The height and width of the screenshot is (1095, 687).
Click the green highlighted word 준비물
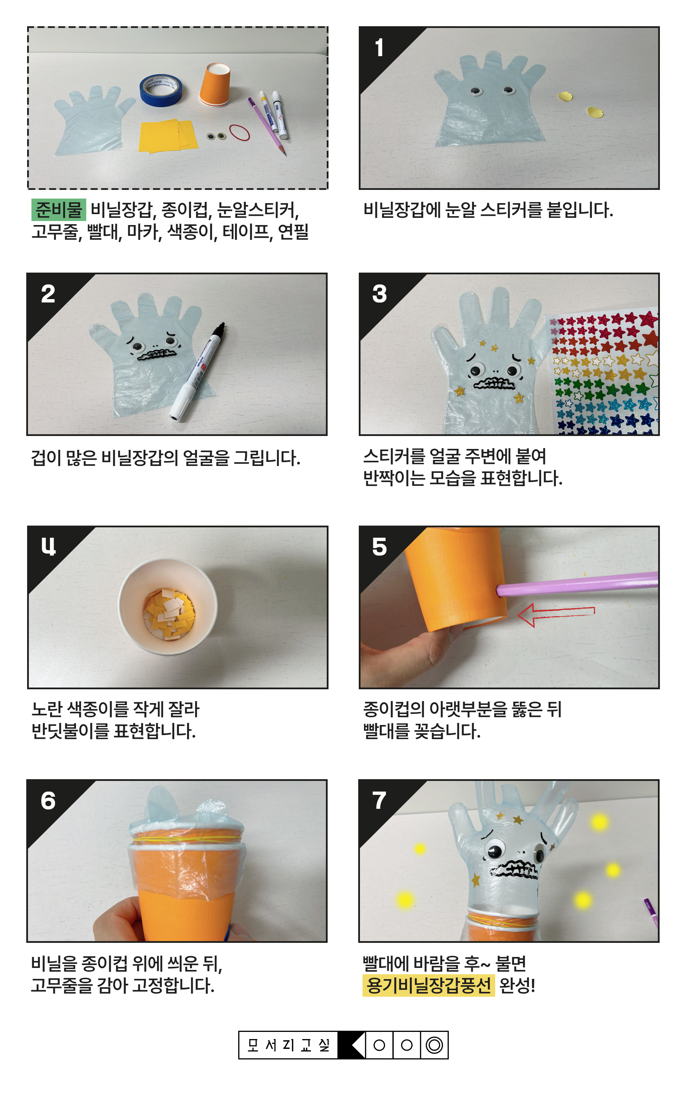[x=59, y=210]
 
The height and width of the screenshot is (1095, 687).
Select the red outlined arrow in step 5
[x=556, y=615]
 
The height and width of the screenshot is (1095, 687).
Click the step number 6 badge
[x=48, y=801]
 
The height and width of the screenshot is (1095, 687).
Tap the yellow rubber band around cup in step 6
[x=186, y=839]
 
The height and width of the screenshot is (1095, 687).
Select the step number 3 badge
[x=379, y=294]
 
